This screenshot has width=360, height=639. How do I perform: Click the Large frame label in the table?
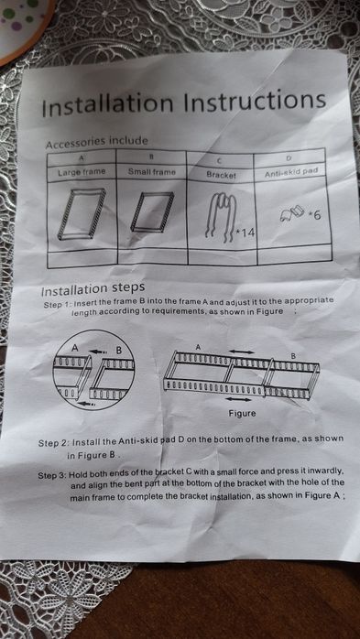point(82,170)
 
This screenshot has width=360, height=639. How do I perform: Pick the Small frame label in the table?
point(151,171)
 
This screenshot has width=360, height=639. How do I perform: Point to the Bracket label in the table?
point(221,172)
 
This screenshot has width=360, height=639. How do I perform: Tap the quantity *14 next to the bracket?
point(245,233)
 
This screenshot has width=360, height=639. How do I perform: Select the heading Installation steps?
point(93,288)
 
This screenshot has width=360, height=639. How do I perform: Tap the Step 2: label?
point(58,443)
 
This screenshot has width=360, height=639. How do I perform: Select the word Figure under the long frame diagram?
point(242,413)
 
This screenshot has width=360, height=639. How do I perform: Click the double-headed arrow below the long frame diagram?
point(239,400)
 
